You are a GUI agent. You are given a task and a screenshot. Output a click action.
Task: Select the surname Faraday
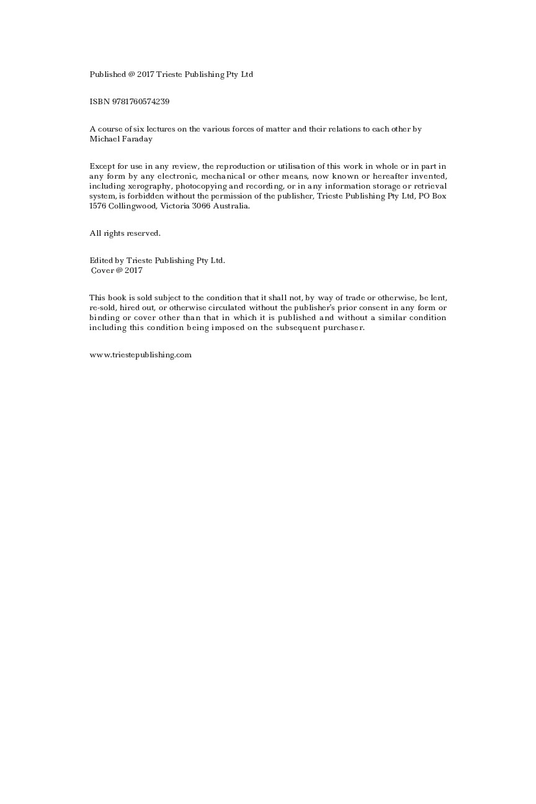click(137, 139)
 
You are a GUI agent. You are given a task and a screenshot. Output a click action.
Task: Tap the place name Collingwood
click(132, 206)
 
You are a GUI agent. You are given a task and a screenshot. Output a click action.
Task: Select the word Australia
click(231, 206)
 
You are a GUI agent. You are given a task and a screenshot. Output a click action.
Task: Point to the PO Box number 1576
click(98, 206)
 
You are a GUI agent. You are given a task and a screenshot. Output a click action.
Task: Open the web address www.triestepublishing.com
click(140, 355)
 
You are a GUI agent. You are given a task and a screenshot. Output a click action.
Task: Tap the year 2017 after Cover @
click(133, 270)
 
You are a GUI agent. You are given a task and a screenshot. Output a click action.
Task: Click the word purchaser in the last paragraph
click(343, 328)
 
